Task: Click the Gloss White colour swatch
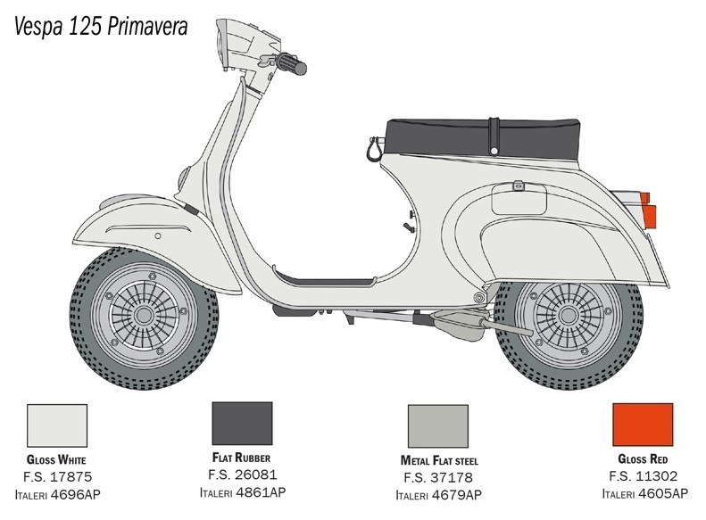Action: [57, 425]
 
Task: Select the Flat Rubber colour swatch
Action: [242, 424]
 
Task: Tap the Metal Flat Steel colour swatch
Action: [438, 425]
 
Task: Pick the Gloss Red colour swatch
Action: [643, 425]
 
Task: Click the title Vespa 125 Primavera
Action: [101, 27]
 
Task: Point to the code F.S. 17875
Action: [58, 477]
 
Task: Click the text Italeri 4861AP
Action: [243, 492]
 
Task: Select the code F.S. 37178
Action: [438, 477]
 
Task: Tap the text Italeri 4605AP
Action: [644, 493]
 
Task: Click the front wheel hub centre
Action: [144, 315]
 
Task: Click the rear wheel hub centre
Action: [569, 316]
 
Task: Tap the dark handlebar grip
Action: [291, 64]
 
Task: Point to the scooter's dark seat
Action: [482, 139]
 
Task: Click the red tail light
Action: [649, 210]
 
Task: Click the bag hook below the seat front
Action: [375, 149]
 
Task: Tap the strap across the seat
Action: [494, 136]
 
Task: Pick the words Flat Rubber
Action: [241, 458]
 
